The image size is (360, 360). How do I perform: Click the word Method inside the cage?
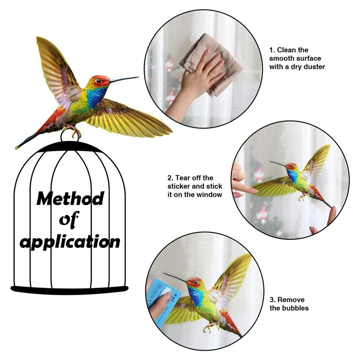[x=70, y=198]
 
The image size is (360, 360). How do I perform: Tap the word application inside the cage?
[x=70, y=242]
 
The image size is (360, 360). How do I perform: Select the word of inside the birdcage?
[x=69, y=220]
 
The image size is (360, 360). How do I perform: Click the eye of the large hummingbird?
[x=98, y=81]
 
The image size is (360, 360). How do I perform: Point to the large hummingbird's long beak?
[x=124, y=79]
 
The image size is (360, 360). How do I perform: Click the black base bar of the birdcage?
[x=69, y=289]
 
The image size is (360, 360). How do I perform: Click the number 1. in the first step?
[x=272, y=50]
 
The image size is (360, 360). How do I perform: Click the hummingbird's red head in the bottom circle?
[x=194, y=283]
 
